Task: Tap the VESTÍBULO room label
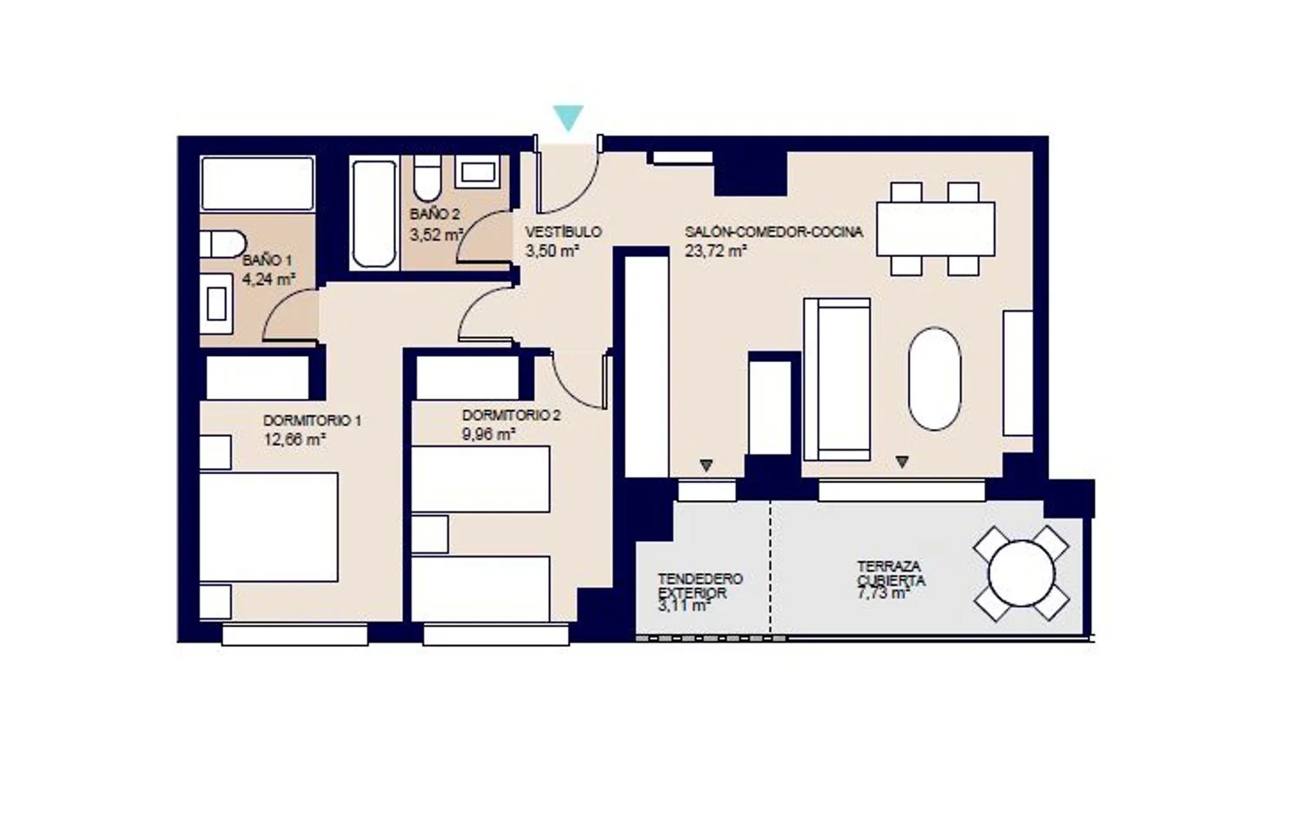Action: click(x=563, y=232)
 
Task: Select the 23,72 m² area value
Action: click(x=716, y=251)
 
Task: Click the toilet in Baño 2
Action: click(x=427, y=178)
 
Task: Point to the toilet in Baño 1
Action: click(x=222, y=244)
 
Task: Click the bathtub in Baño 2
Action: click(x=374, y=214)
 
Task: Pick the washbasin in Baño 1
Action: click(x=216, y=304)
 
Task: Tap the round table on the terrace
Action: click(x=1021, y=573)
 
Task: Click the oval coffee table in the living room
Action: click(x=934, y=379)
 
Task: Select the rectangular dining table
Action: click(x=936, y=228)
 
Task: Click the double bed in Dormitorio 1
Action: click(x=268, y=527)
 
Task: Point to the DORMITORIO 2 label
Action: click(x=512, y=415)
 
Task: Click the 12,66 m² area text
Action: click(x=294, y=439)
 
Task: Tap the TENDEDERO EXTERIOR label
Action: click(x=700, y=586)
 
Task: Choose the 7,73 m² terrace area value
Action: click(x=883, y=593)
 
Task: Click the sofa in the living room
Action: click(x=837, y=380)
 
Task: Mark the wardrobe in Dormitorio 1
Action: click(x=258, y=378)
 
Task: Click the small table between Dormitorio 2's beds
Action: click(x=430, y=534)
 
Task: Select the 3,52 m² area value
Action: click(x=436, y=235)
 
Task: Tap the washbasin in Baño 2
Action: click(x=478, y=172)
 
